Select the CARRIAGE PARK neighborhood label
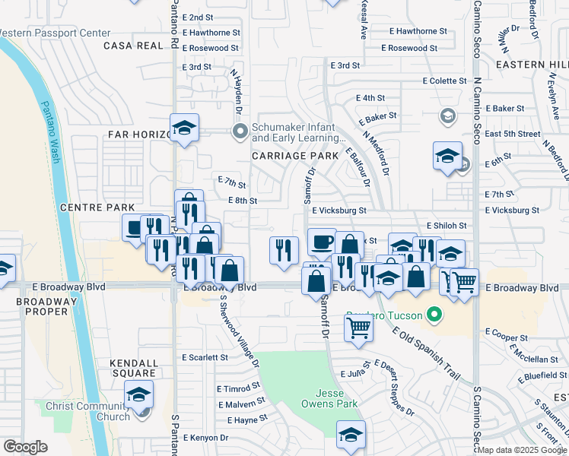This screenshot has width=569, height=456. (295, 155)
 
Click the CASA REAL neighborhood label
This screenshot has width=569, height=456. (135, 46)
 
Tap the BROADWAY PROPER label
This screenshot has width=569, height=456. (46, 307)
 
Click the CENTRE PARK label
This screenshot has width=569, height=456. (97, 207)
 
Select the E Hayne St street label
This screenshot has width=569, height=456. (246, 419)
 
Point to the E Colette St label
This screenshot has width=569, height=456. (449, 81)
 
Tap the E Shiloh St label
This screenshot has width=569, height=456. (446, 226)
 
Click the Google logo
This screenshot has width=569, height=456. (26, 446)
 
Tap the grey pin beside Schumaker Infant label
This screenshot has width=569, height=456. (241, 132)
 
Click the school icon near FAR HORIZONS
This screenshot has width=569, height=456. (183, 127)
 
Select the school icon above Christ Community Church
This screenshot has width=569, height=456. (139, 394)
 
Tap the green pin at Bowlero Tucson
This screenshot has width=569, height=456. (434, 314)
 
